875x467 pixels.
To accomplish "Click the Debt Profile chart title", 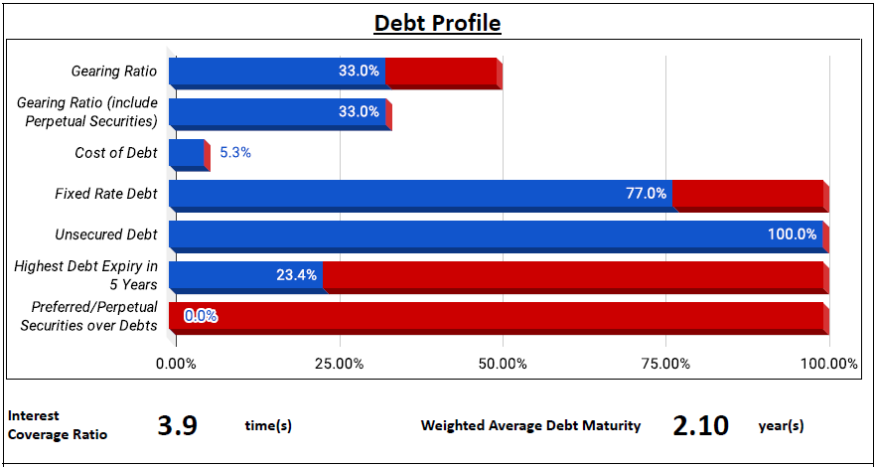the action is pyautogui.click(x=437, y=24).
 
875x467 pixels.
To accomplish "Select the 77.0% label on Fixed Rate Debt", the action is pyautogui.click(x=646, y=194).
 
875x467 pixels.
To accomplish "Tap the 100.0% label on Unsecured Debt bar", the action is pyautogui.click(x=793, y=234).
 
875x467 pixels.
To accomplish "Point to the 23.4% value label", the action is pyautogui.click(x=296, y=275).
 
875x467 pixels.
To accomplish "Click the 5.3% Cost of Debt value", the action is pyautogui.click(x=235, y=153).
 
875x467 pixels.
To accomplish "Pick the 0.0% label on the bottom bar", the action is pyautogui.click(x=201, y=316).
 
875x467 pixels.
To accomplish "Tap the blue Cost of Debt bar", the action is pyautogui.click(x=187, y=153).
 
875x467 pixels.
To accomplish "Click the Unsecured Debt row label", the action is pyautogui.click(x=106, y=234).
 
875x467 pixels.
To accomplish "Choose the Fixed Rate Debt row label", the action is pyautogui.click(x=106, y=194).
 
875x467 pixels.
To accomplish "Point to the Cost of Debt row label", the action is pyautogui.click(x=116, y=153).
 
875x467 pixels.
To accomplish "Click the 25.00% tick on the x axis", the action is pyautogui.click(x=340, y=364).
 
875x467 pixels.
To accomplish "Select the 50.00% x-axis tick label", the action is pyautogui.click(x=503, y=364).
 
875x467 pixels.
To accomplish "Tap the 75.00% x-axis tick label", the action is pyautogui.click(x=666, y=364).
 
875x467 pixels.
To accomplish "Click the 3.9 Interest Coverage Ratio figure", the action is pyautogui.click(x=178, y=426).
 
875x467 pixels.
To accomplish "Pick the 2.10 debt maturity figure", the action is pyautogui.click(x=701, y=426).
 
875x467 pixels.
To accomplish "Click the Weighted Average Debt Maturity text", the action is pyautogui.click(x=530, y=426).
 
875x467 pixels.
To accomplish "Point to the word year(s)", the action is pyautogui.click(x=782, y=427).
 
